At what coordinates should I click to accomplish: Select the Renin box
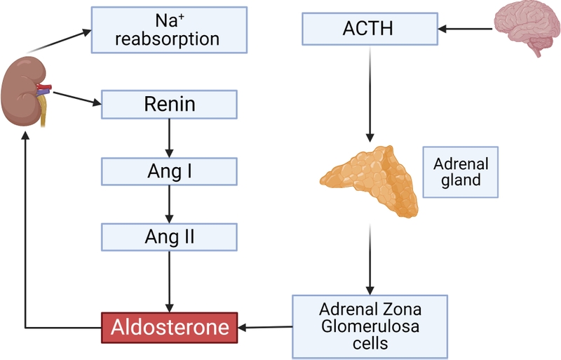tap(169, 105)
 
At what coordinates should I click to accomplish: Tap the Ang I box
tap(169, 171)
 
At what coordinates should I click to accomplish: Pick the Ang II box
tap(169, 237)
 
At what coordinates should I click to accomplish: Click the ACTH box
tap(369, 29)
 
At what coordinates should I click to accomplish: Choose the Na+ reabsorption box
tap(169, 29)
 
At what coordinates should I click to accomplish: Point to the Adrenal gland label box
tap(460, 172)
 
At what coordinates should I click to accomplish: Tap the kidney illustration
tap(25, 91)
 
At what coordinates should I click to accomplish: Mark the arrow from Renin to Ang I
tap(169, 138)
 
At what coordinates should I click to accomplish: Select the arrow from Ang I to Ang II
tap(169, 204)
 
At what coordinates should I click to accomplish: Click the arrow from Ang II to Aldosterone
tap(169, 281)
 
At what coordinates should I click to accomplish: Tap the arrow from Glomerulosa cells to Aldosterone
tap(265, 326)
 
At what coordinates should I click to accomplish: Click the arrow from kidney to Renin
tap(77, 99)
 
